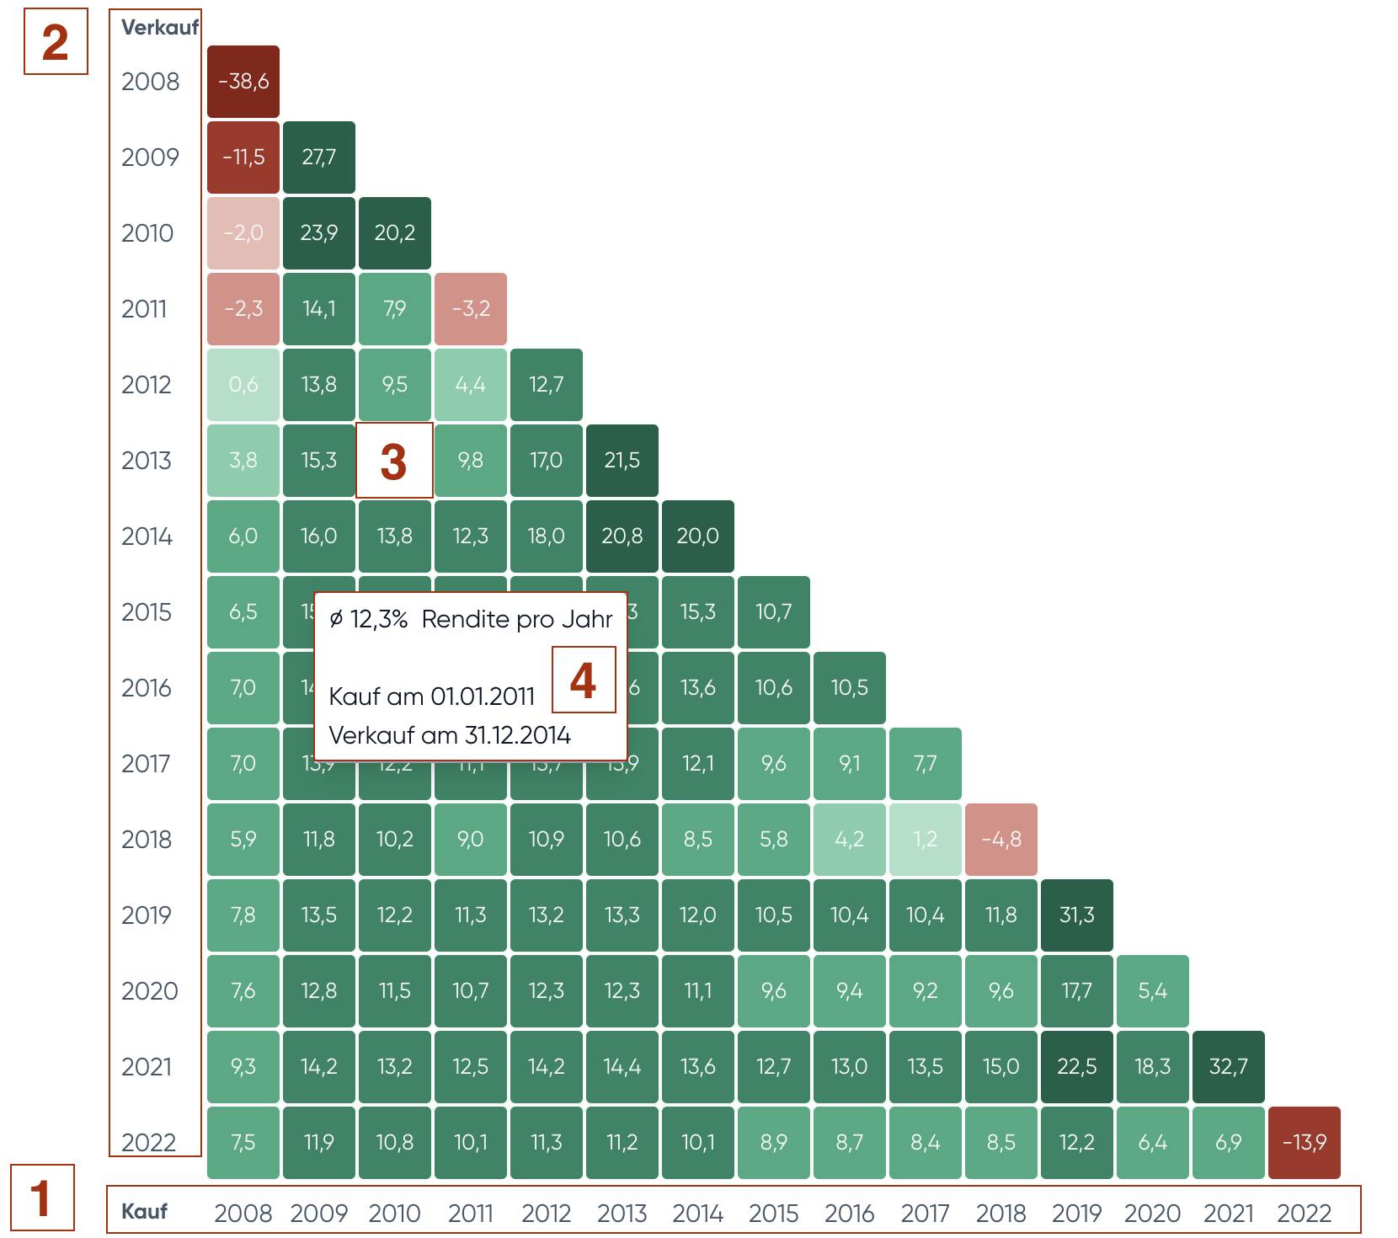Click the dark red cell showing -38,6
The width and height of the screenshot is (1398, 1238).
point(243,82)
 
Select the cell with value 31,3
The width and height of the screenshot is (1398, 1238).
point(1076,915)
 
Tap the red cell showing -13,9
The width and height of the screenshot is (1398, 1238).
point(1304,1142)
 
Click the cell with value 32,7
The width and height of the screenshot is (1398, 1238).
point(1228,1066)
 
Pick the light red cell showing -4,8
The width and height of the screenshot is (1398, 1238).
point(1000,839)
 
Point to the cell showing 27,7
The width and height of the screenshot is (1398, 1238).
point(318,157)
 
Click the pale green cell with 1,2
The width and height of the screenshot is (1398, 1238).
point(925,839)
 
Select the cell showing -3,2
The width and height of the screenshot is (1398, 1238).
point(470,309)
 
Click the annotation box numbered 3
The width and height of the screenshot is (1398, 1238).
point(394,461)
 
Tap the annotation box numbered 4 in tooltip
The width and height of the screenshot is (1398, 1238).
point(584,680)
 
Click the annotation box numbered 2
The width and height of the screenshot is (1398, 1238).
point(56,41)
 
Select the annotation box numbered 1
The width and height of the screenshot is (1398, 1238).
point(42,1198)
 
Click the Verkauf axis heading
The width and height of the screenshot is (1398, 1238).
point(159,27)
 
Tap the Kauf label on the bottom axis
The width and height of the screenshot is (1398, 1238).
point(144,1211)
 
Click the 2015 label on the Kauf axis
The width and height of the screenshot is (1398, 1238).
point(773,1214)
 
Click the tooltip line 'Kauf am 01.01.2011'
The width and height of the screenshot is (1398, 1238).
point(431,696)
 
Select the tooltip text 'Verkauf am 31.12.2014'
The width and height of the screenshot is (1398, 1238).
point(450,735)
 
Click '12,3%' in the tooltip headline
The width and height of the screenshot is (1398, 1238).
point(378,620)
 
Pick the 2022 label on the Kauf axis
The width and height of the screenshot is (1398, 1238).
point(1304,1214)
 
